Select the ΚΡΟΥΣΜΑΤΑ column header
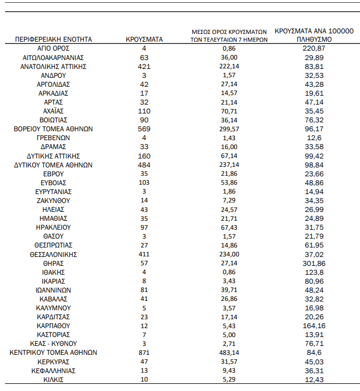click(x=144, y=39)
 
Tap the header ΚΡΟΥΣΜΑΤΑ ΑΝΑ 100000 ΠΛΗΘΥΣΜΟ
click(x=314, y=36)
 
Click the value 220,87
click(x=314, y=48)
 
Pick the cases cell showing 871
click(x=144, y=353)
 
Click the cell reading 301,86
click(x=314, y=263)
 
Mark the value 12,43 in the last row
click(x=314, y=379)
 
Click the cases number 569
click(x=144, y=129)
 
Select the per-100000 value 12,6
click(x=314, y=138)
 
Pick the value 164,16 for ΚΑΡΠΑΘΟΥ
click(x=314, y=326)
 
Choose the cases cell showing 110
click(x=144, y=111)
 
